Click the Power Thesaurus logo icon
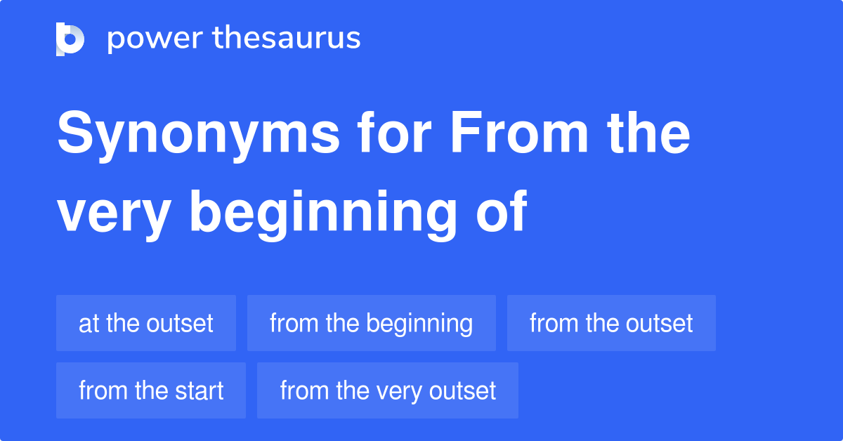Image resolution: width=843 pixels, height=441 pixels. coord(70,39)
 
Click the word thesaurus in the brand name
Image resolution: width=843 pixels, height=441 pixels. coord(287,39)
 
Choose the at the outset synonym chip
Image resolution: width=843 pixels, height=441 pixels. coord(146,323)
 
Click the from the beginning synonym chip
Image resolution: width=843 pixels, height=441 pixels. coord(371,323)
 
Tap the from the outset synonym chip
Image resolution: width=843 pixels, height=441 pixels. coord(611,323)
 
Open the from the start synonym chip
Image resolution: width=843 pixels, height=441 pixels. coord(151,390)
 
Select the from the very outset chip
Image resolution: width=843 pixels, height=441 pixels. coord(388,390)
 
